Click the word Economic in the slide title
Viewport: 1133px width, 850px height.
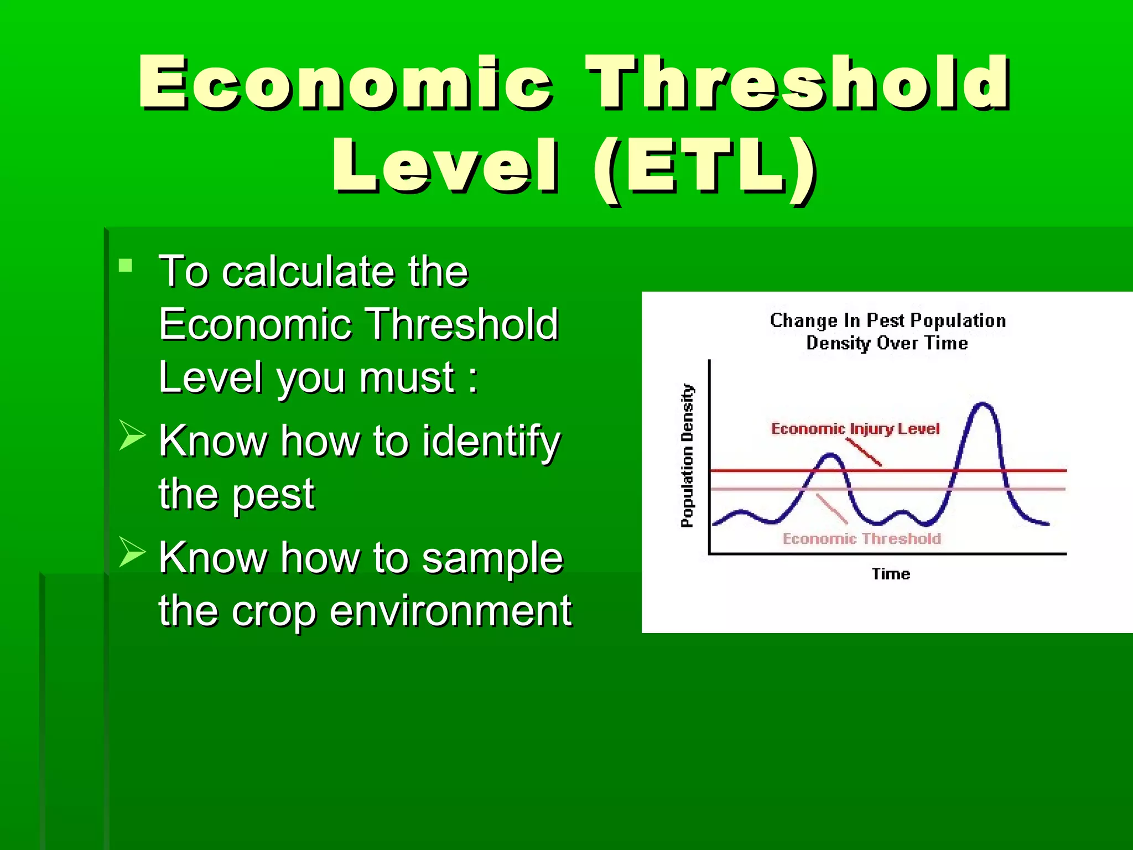coord(345,83)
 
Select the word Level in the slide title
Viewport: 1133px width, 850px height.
coord(445,166)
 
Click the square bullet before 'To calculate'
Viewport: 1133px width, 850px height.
coord(126,266)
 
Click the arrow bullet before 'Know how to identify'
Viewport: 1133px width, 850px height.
coord(132,435)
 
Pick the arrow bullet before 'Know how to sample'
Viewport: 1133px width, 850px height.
coord(132,552)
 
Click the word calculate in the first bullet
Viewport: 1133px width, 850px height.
coord(309,272)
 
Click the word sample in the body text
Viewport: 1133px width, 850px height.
coord(492,558)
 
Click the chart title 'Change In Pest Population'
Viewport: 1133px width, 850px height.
coord(887,320)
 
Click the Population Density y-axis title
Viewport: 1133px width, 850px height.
coord(687,455)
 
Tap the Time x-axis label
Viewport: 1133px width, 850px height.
coord(891,574)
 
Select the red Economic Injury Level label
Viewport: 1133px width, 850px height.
coord(855,429)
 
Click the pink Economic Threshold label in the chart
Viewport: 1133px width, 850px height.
coord(861,538)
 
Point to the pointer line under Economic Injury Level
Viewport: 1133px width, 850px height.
coord(864,452)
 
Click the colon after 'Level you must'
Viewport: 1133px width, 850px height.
coord(472,379)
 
